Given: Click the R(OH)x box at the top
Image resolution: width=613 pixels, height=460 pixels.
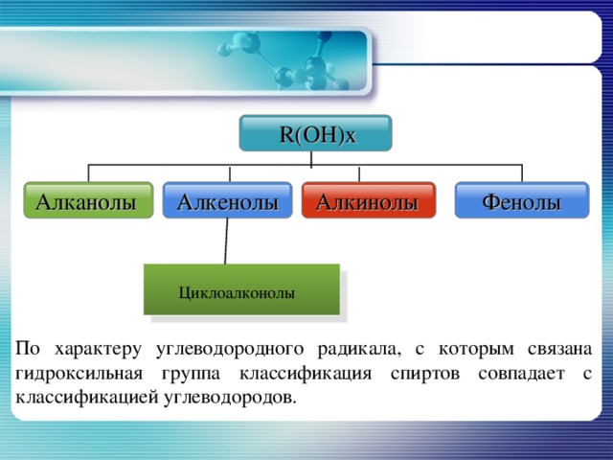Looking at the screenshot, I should click(317, 134).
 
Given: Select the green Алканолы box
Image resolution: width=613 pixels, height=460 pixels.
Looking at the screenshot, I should click(89, 201).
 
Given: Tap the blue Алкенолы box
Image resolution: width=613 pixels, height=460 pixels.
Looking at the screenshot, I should click(227, 201).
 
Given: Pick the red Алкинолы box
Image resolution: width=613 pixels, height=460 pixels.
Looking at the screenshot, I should click(368, 201).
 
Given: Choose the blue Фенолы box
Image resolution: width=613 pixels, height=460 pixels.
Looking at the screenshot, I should click(521, 201).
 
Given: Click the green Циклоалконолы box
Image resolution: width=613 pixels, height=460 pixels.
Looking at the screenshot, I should click(241, 289).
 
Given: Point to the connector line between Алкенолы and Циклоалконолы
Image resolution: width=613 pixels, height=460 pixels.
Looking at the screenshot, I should click(226, 241).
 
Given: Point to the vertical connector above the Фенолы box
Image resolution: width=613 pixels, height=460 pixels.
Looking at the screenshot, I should click(522, 172).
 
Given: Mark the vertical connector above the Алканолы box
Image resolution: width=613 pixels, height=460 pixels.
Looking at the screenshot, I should click(89, 172).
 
